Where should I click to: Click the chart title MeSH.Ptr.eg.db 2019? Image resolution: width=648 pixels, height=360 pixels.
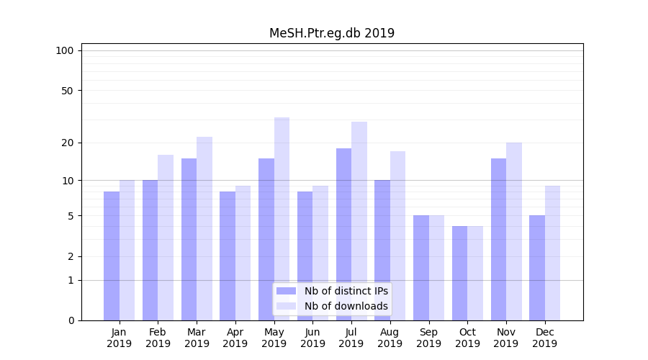click(x=332, y=33)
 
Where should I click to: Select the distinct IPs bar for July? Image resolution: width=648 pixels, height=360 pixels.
click(x=343, y=234)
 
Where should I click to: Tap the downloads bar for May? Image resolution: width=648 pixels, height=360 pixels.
click(x=282, y=219)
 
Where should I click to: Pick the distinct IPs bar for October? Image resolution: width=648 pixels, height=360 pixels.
click(x=459, y=273)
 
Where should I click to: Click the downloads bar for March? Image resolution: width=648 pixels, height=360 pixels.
click(x=204, y=228)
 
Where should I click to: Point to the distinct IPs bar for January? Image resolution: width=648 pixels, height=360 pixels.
click(x=112, y=256)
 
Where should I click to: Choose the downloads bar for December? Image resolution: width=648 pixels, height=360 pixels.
click(x=552, y=253)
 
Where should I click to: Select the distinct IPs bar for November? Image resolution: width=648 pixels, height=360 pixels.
click(x=498, y=239)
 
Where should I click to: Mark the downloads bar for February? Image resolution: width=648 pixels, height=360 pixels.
click(x=166, y=238)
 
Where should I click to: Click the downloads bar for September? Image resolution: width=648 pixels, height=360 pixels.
click(x=436, y=268)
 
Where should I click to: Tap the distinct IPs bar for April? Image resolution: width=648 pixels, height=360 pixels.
click(x=228, y=256)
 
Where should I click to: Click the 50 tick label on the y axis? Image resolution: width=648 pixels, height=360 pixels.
click(x=68, y=91)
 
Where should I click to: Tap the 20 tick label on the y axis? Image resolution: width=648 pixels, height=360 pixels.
click(x=68, y=143)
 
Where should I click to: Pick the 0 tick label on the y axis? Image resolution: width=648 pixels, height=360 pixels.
click(x=71, y=320)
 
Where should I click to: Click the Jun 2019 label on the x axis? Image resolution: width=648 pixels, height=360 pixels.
click(x=312, y=338)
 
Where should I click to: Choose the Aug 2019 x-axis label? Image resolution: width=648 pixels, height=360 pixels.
click(x=390, y=338)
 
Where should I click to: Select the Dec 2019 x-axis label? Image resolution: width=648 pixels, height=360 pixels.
click(x=544, y=338)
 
